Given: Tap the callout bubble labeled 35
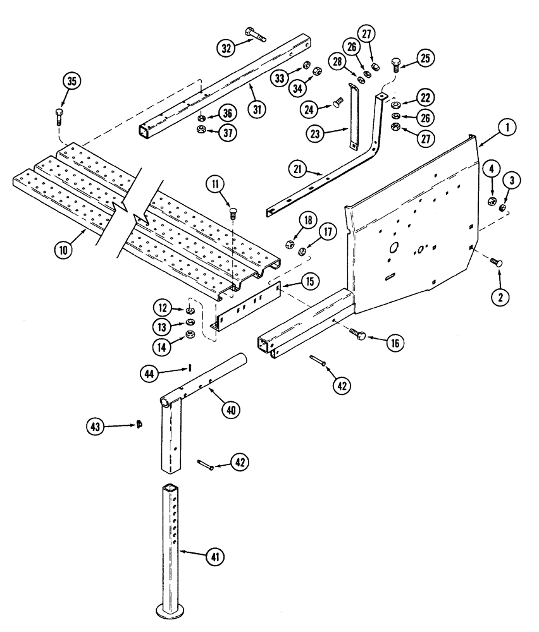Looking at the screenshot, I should pos(72,82).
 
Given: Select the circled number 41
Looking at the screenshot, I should pos(215,556).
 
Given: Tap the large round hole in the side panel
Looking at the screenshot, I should pos(393,248).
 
